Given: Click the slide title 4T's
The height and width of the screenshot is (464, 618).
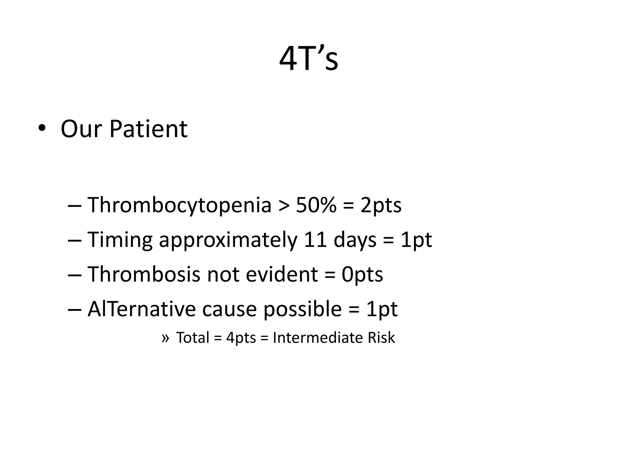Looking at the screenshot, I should (x=308, y=59).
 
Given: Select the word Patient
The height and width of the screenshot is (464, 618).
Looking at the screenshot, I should (x=148, y=129).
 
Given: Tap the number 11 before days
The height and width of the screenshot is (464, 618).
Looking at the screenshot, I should (x=315, y=240).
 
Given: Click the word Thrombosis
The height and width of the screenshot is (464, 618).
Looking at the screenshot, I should (x=144, y=274).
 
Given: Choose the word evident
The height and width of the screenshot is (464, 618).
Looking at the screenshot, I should (x=282, y=274).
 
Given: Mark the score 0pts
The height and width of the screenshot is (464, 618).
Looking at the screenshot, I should (x=362, y=274).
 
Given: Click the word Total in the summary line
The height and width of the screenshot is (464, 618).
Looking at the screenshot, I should (x=193, y=338).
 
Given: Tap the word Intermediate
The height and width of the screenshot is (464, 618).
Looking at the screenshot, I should (x=317, y=338).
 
